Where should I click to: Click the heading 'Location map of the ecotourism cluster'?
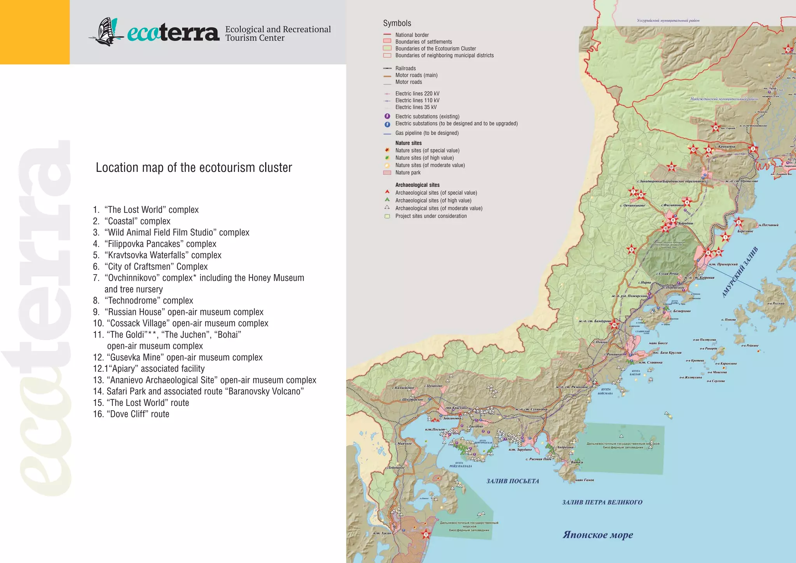(194, 168)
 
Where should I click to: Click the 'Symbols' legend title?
(397, 23)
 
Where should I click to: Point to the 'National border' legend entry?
(412, 35)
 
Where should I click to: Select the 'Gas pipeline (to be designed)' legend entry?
(427, 133)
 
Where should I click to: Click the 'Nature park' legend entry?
(408, 173)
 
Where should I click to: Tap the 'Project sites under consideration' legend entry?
(431, 216)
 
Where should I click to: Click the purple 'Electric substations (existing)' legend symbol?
(387, 116)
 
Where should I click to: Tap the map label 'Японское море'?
(597, 535)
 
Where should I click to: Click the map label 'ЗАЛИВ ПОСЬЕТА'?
(513, 481)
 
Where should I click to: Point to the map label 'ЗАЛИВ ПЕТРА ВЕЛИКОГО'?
(602, 502)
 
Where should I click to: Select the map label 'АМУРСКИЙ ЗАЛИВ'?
(740, 272)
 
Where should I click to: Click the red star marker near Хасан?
(426, 534)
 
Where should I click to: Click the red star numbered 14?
(716, 127)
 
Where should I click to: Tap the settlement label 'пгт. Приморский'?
(723, 264)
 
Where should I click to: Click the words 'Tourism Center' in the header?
(255, 38)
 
